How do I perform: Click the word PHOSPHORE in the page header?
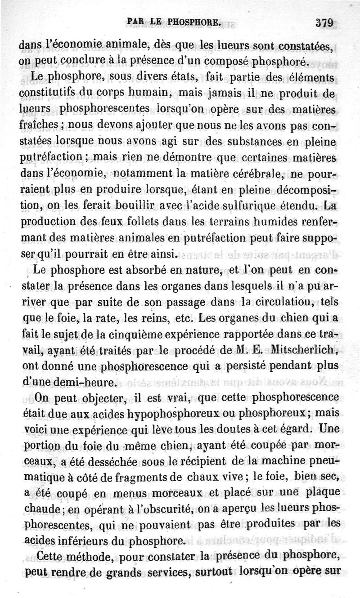tap(194, 21)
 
